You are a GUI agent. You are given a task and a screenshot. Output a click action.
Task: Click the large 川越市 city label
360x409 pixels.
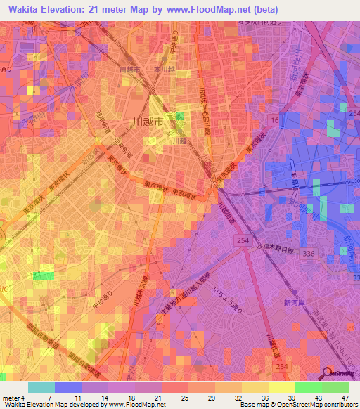pos(148,122)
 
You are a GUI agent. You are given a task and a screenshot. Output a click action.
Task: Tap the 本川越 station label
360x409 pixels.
pos(164,70)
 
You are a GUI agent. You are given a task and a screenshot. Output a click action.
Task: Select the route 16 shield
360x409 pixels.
pos(274,122)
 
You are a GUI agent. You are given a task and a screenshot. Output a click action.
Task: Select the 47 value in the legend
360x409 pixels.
pos(345,397)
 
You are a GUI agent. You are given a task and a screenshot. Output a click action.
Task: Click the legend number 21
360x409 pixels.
pos(162,397)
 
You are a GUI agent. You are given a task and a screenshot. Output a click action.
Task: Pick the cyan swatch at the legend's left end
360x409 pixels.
pos(41,387)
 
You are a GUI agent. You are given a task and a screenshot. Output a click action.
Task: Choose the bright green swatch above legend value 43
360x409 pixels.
pos(309,387)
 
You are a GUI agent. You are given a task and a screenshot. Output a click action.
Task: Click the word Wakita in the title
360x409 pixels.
pos(22,10)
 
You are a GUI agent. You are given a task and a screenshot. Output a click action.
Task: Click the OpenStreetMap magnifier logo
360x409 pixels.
pos(328,372)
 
